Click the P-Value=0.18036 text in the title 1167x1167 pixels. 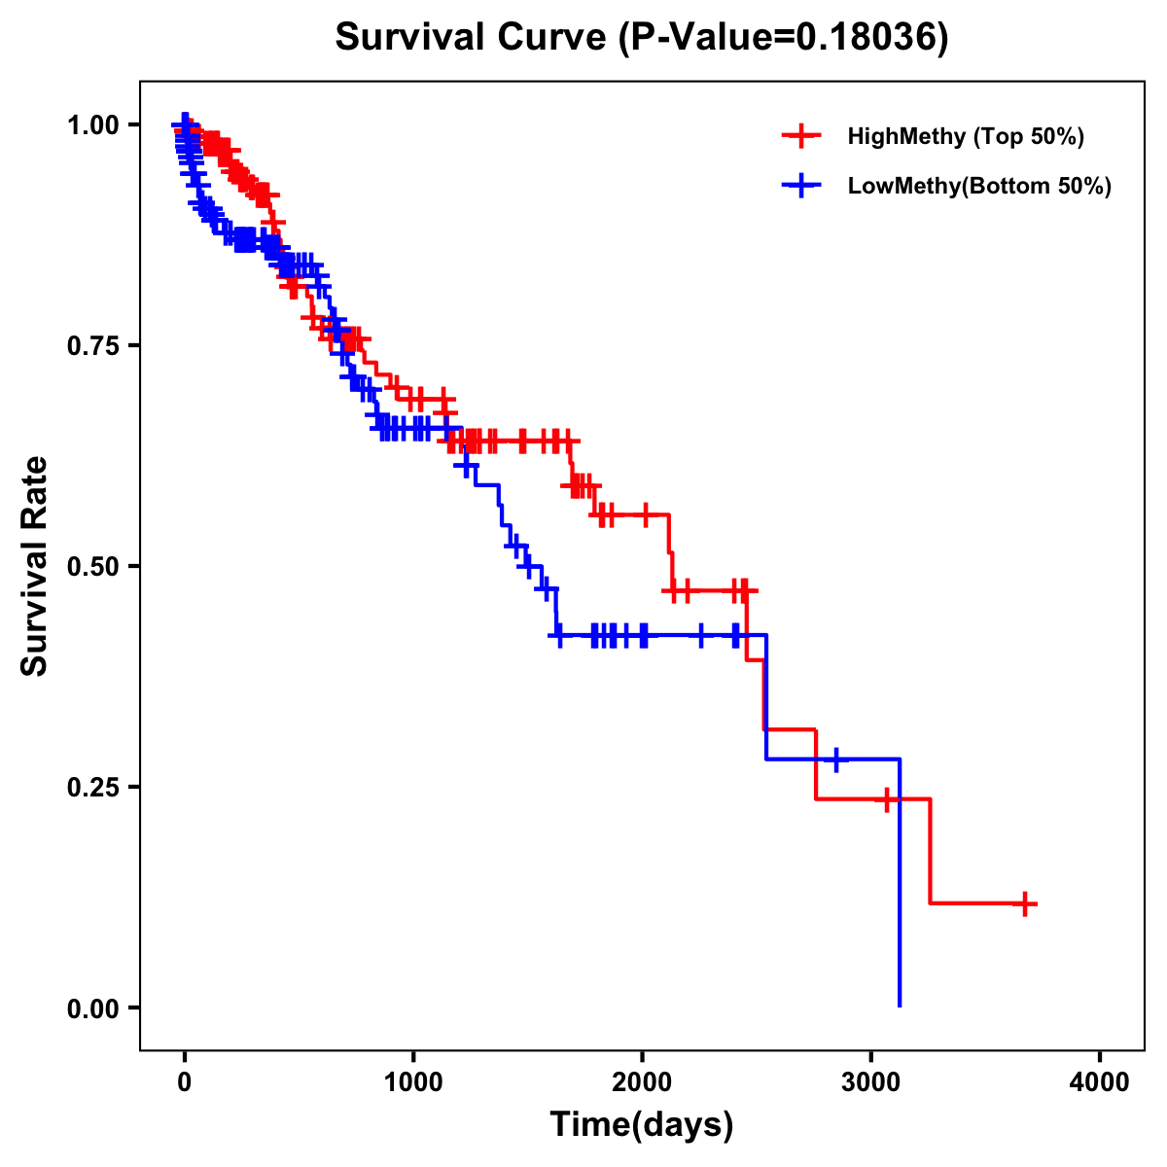785,38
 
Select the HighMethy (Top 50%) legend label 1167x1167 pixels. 965,136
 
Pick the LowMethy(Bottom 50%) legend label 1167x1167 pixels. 978,186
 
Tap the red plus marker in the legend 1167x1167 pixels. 800,136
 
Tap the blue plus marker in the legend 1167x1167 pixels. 800,186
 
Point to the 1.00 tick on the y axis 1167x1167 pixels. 93,124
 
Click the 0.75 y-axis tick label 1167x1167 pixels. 93,345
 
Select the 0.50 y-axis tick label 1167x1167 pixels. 93,566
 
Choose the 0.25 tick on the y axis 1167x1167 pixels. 93,787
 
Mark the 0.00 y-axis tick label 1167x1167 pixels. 93,1008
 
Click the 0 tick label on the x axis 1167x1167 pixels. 185,1082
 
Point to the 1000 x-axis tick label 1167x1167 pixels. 413,1082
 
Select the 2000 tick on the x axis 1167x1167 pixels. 642,1082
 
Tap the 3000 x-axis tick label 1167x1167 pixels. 871,1082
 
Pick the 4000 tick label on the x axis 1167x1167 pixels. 1100,1082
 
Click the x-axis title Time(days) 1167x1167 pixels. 642,1125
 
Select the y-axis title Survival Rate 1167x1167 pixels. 35,566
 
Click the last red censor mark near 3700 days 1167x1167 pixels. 1024,903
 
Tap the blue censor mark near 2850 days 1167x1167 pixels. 835,759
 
